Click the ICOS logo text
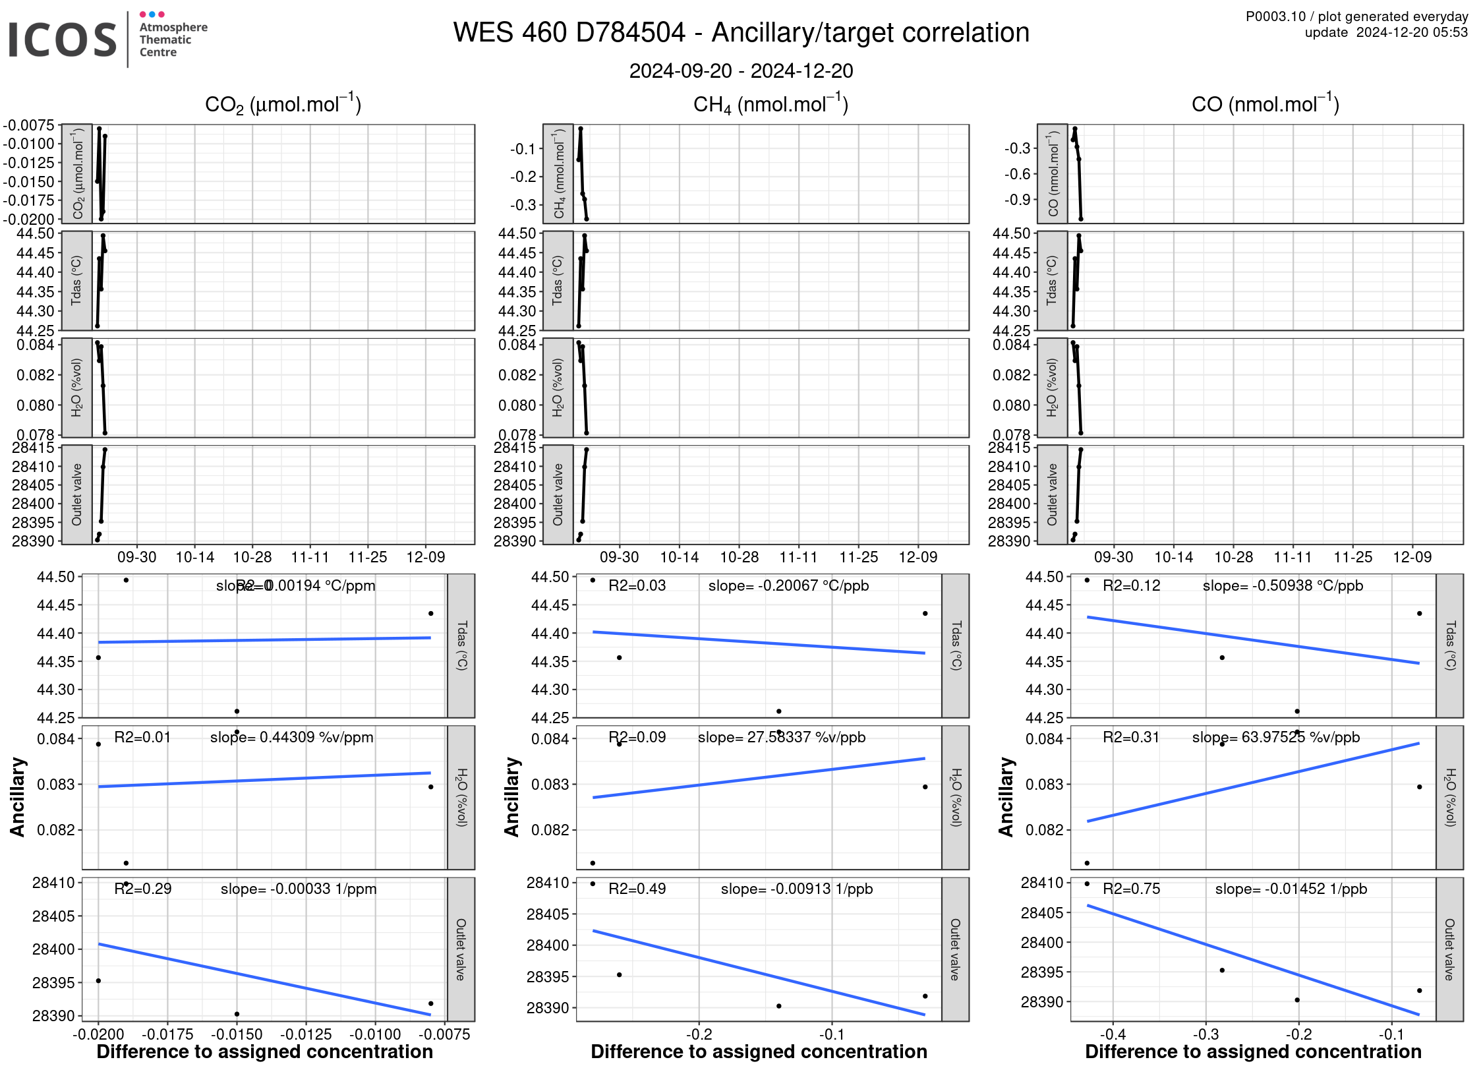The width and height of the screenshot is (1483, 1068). (x=63, y=40)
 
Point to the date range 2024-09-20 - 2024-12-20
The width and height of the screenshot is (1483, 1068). (x=741, y=71)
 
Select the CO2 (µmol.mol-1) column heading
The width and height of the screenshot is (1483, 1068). (x=283, y=104)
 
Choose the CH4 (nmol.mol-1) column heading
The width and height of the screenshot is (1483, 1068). (x=771, y=104)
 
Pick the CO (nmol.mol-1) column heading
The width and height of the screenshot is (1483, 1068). (x=1265, y=104)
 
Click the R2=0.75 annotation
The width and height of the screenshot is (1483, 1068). (x=1131, y=889)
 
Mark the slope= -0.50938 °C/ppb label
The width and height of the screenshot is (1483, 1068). (x=1283, y=585)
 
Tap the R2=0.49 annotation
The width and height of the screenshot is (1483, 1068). (x=637, y=889)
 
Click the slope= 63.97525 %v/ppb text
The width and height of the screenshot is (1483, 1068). (x=1275, y=737)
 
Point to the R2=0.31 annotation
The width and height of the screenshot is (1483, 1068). (x=1131, y=737)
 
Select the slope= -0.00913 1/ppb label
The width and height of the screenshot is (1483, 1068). (x=796, y=889)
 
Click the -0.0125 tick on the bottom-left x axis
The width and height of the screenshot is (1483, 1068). (x=306, y=1034)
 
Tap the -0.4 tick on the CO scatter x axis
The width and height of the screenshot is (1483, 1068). (x=1112, y=1034)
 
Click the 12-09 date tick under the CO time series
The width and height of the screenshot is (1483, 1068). (x=1412, y=557)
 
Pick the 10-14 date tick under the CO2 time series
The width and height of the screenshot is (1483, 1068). (x=194, y=557)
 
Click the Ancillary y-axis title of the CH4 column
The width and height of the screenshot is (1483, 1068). (x=511, y=797)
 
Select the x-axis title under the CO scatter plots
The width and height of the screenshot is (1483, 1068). (x=1253, y=1052)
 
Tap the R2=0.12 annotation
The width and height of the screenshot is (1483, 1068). (x=1131, y=585)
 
